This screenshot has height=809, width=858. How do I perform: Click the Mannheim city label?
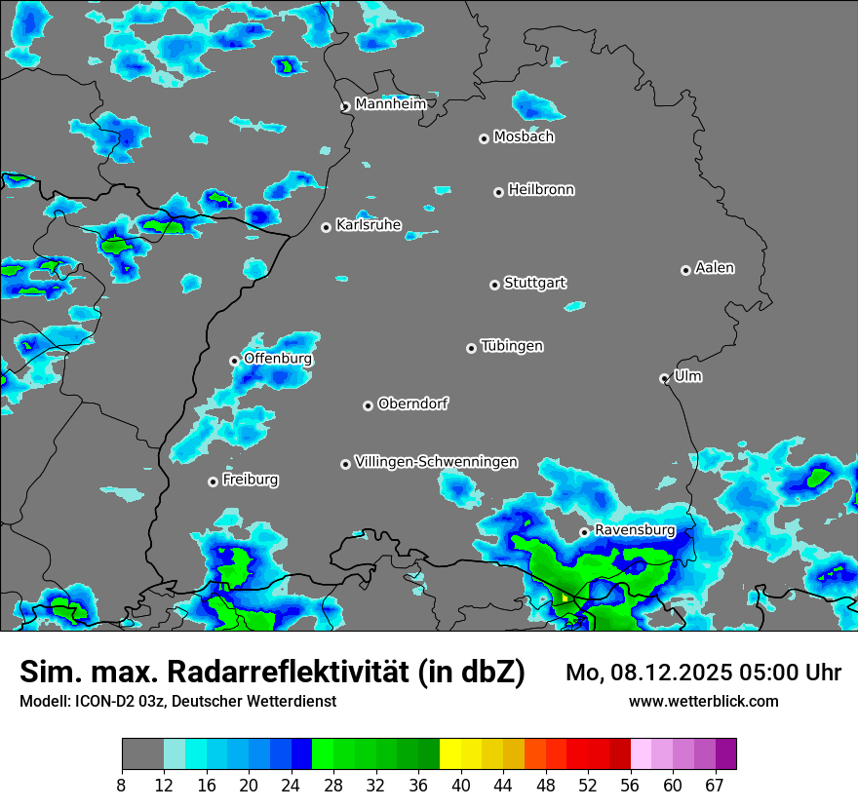tap(390, 104)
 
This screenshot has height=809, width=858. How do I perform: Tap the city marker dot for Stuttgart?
tap(494, 285)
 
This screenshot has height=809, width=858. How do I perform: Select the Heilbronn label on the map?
tap(541, 190)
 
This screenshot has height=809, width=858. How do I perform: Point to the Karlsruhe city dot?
tap(327, 227)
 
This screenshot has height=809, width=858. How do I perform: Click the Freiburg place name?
tap(250, 480)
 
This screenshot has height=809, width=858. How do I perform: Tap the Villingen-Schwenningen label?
tap(436, 462)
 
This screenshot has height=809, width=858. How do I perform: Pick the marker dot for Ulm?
tap(664, 378)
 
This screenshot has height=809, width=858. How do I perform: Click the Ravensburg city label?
tap(635, 530)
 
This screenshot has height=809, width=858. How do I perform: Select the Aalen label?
tap(715, 268)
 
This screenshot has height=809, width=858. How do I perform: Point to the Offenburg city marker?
tap(234, 361)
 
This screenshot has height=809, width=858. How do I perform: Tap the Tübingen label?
tap(512, 346)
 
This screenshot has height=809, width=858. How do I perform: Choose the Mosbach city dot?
tap(484, 138)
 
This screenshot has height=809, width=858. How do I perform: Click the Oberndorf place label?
tap(412, 404)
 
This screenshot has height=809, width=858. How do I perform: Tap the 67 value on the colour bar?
tap(715, 786)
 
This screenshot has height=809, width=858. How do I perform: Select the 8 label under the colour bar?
tap(122, 786)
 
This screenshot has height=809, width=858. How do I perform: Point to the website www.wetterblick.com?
tap(703, 702)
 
